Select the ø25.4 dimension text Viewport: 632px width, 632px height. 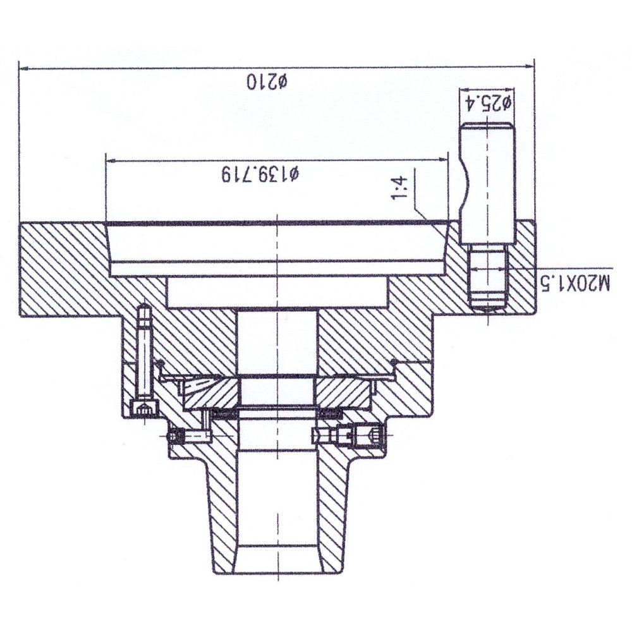click(x=488, y=103)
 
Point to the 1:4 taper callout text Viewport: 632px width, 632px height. click(x=399, y=188)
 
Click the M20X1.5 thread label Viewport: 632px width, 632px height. click(x=576, y=283)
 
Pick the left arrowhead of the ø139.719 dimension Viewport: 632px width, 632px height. click(x=111, y=161)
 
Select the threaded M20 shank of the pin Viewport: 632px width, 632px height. click(x=489, y=278)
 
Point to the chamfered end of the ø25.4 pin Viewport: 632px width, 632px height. click(x=488, y=126)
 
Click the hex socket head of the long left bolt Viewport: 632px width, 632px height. click(x=144, y=408)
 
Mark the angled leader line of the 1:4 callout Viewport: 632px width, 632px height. click(x=430, y=218)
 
